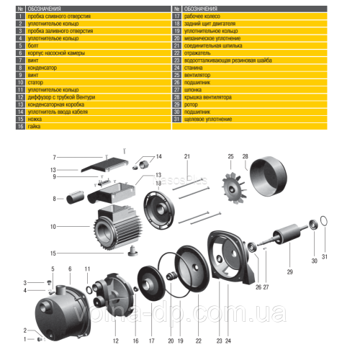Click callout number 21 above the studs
tap(186, 156)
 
